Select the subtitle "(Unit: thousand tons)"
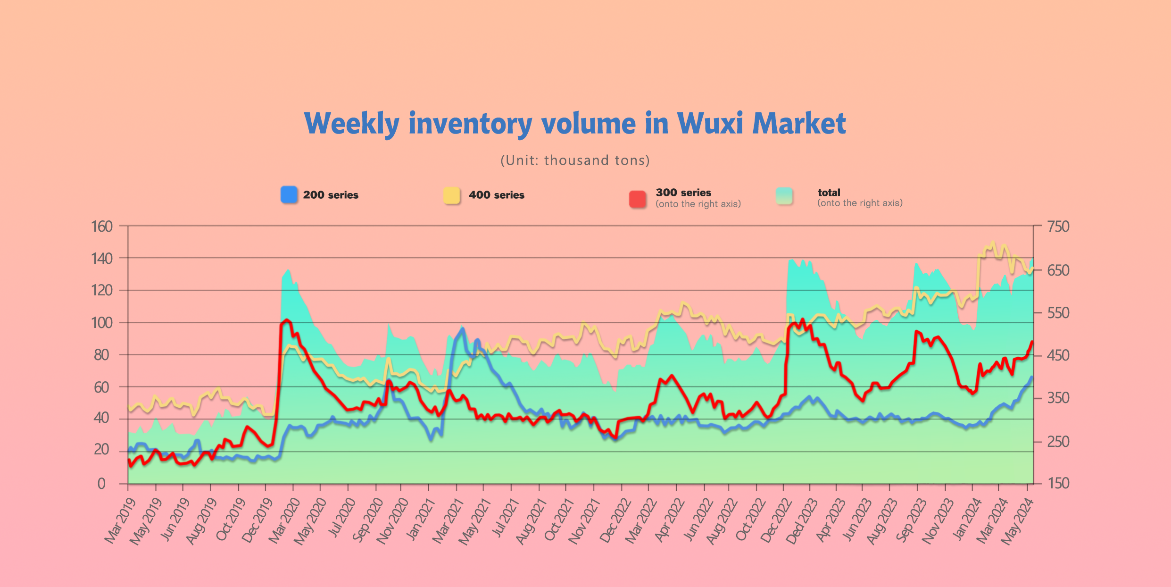pyautogui.click(x=575, y=160)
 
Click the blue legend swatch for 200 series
pyautogui.click(x=289, y=195)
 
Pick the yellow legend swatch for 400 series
pyautogui.click(x=451, y=195)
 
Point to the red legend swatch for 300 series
pyautogui.click(x=638, y=199)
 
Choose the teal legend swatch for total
pyautogui.click(x=784, y=196)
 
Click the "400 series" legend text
pyautogui.click(x=496, y=195)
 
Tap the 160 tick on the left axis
pyautogui.click(x=102, y=226)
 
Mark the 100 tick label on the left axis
pyautogui.click(x=102, y=323)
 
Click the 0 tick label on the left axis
pyautogui.click(x=101, y=484)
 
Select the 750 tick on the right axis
pyautogui.click(x=1058, y=226)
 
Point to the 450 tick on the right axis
pyautogui.click(x=1058, y=355)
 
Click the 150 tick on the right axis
pyautogui.click(x=1058, y=483)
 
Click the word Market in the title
pyautogui.click(x=799, y=124)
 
